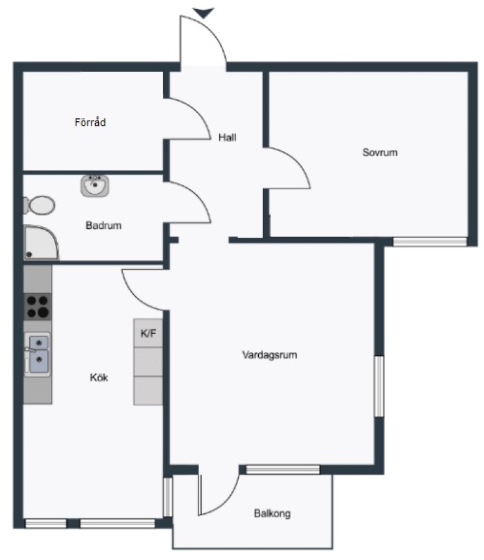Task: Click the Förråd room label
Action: click(90, 122)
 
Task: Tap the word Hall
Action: click(227, 137)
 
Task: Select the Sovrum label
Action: click(379, 152)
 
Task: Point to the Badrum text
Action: click(104, 225)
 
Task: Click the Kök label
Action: click(99, 377)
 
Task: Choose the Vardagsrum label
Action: click(269, 355)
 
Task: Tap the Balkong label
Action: click(272, 513)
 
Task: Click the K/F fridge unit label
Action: click(148, 334)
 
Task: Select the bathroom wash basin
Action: click(95, 185)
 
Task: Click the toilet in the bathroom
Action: click(39, 205)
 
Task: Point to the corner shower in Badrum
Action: click(40, 242)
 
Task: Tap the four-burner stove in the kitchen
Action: click(37, 307)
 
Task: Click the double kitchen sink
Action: click(37, 354)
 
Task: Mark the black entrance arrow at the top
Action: click(203, 13)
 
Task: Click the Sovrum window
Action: click(430, 242)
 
